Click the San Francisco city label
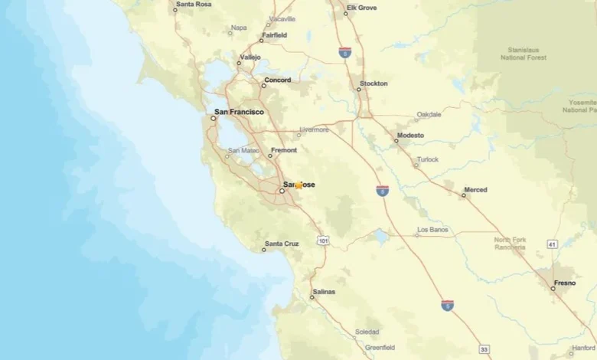(x=239, y=112)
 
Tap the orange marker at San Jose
(x=299, y=185)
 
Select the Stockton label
(x=374, y=83)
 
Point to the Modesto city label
(x=409, y=136)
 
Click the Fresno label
(x=565, y=283)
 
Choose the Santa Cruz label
(x=282, y=244)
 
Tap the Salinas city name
(x=323, y=292)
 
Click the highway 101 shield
(x=324, y=241)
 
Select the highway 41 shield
(x=552, y=244)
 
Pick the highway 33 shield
(x=484, y=349)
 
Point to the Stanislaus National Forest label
(x=524, y=53)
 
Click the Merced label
(x=475, y=189)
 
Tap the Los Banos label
(x=434, y=230)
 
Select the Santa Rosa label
(x=193, y=4)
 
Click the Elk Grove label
(x=362, y=8)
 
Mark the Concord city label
(x=277, y=80)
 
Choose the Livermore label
(x=314, y=129)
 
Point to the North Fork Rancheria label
(x=510, y=244)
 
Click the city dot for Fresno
(x=553, y=289)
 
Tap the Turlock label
(x=427, y=159)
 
